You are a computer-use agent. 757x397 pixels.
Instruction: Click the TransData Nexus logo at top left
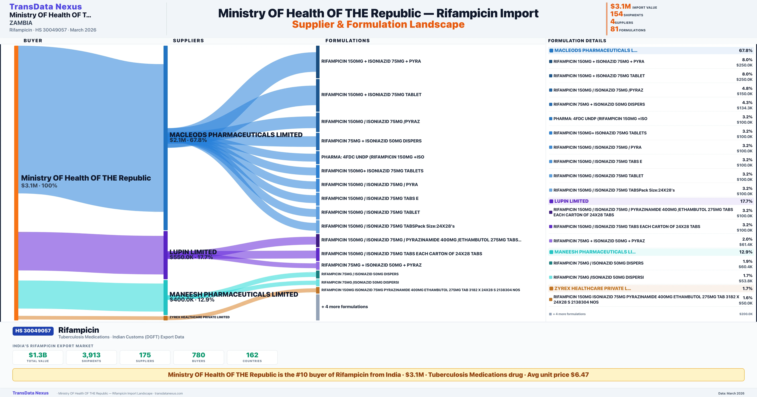click(46, 6)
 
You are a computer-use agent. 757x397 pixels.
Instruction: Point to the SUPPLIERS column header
click(188, 40)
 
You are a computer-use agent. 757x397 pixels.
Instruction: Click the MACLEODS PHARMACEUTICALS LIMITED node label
click(236, 135)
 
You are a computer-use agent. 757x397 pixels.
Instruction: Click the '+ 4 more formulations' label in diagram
click(344, 307)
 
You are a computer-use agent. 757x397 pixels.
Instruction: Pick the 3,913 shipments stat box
click(91, 357)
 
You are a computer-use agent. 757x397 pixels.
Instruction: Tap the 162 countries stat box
click(252, 357)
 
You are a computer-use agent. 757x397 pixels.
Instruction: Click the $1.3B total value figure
click(38, 355)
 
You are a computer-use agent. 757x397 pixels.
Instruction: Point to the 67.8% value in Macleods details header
click(745, 51)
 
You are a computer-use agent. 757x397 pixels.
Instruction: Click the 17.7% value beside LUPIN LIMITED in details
click(746, 201)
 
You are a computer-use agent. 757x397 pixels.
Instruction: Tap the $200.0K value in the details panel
click(745, 314)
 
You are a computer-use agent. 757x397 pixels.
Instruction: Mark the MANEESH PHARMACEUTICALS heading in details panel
click(595, 252)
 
